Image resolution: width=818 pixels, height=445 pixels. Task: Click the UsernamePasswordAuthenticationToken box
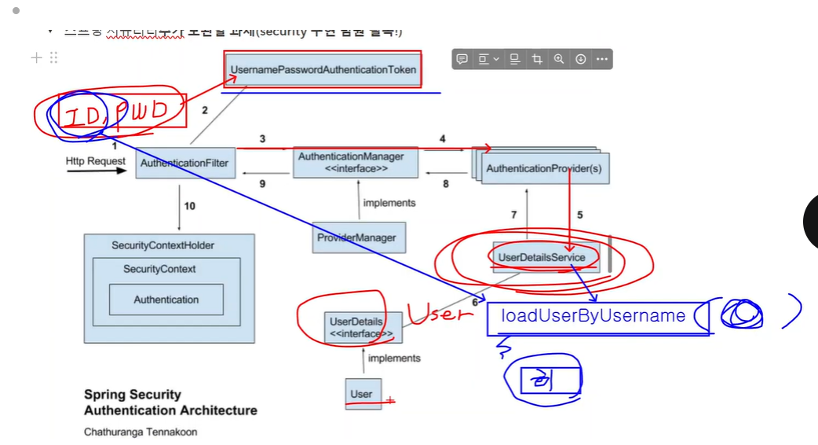coord(323,70)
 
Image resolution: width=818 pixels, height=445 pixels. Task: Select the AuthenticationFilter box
coord(185,163)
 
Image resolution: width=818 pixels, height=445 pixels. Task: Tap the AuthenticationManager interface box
coord(356,163)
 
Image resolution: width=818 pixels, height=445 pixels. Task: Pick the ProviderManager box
coord(356,237)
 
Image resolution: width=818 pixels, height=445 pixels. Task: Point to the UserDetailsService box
coord(542,257)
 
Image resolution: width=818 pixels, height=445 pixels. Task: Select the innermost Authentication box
coord(166,300)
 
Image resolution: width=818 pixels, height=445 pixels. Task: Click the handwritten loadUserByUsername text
coord(593,316)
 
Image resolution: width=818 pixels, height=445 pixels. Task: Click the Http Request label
coord(96,161)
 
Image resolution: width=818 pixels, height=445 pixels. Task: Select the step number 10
coord(189,206)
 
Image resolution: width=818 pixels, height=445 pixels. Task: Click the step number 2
coord(205,111)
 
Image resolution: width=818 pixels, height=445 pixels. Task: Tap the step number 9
coord(263,185)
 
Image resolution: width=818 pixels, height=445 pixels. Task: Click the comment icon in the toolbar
coord(462,59)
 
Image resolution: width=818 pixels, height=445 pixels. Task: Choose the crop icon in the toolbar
coord(537,59)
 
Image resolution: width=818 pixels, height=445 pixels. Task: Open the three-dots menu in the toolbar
coord(602,59)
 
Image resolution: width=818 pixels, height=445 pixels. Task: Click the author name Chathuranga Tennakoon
coord(141,432)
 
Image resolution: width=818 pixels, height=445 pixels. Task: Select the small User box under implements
coord(362,393)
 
